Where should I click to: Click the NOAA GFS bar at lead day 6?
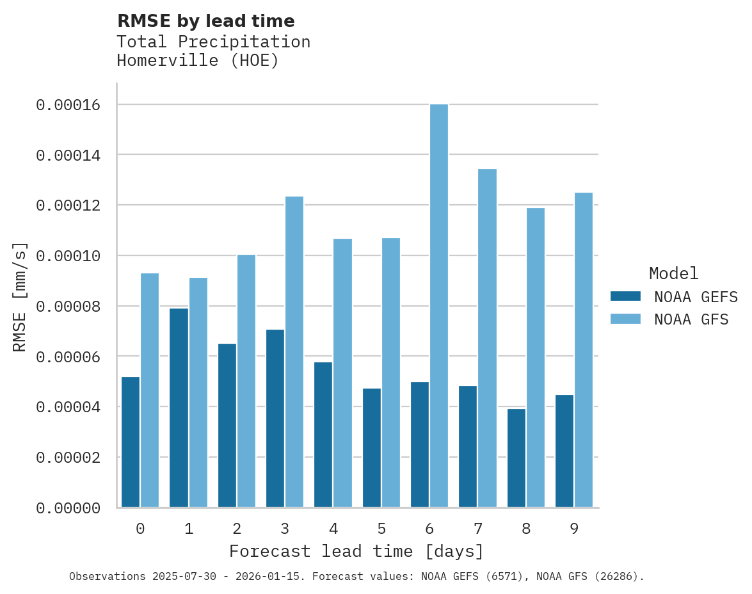pos(439,306)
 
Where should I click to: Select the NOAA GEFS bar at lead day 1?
pos(179,408)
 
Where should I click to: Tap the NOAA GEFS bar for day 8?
pos(516,458)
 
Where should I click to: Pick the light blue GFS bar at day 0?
pos(150,390)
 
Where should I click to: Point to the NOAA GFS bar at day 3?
pos(294,352)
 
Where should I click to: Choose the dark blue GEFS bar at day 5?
pos(372,447)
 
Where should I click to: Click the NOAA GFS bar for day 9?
pos(584,350)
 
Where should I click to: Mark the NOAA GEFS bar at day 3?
pos(275,419)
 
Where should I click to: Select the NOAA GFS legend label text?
pos(691,319)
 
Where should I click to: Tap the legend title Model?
pos(673,273)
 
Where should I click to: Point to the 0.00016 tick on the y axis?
pos(68,104)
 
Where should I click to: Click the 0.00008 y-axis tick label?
pos(68,306)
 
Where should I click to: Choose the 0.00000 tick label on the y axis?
pos(68,508)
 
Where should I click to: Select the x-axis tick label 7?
pos(478,529)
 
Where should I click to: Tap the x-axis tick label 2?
pos(237,529)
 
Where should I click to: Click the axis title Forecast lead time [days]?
pos(356,551)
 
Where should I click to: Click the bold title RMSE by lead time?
pos(206,21)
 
